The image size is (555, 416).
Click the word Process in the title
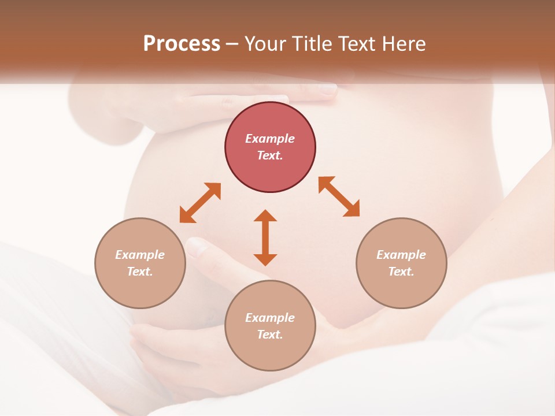coord(182,43)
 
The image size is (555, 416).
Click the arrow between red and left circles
coord(200,203)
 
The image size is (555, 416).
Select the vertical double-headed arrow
coord(265,237)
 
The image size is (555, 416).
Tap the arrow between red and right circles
coord(339,196)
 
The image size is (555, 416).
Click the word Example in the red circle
coord(270,139)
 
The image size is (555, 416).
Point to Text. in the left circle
coord(140,272)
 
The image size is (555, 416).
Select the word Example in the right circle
coord(401,255)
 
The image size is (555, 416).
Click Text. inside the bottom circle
coord(270,335)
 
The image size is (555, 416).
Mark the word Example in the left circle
coord(140,255)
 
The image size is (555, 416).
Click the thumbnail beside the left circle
coord(197,248)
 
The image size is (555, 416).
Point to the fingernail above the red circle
coord(327,90)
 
